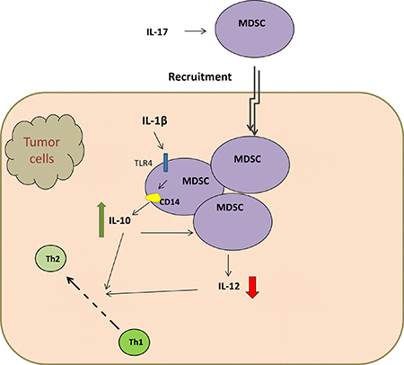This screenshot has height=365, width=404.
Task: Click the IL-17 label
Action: (157, 31)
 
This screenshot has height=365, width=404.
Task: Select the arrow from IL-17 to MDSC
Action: (196, 31)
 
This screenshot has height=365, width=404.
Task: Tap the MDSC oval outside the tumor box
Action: (254, 29)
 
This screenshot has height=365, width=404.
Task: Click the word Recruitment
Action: (200, 76)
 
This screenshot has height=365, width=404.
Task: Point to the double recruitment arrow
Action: (254, 101)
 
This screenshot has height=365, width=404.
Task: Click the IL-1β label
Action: (154, 120)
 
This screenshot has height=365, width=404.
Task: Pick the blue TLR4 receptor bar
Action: (165, 163)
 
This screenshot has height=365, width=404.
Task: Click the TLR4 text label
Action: (143, 163)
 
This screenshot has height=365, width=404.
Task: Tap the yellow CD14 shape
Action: (153, 198)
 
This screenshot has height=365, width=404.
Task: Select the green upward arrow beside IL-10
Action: (101, 219)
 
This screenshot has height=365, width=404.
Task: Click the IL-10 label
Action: (119, 220)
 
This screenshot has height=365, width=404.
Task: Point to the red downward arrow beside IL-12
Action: (253, 288)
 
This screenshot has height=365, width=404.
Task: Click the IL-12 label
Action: (229, 286)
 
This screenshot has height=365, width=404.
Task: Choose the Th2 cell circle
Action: (51, 259)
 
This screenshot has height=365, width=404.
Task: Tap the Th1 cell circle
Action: (135, 342)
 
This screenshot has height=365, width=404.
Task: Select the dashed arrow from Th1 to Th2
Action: (93, 304)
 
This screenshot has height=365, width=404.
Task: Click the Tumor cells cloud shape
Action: (44, 152)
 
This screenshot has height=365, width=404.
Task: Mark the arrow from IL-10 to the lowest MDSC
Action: (167, 232)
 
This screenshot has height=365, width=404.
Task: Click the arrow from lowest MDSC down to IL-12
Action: (228, 265)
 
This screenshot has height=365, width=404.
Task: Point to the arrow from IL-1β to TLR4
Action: (159, 141)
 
